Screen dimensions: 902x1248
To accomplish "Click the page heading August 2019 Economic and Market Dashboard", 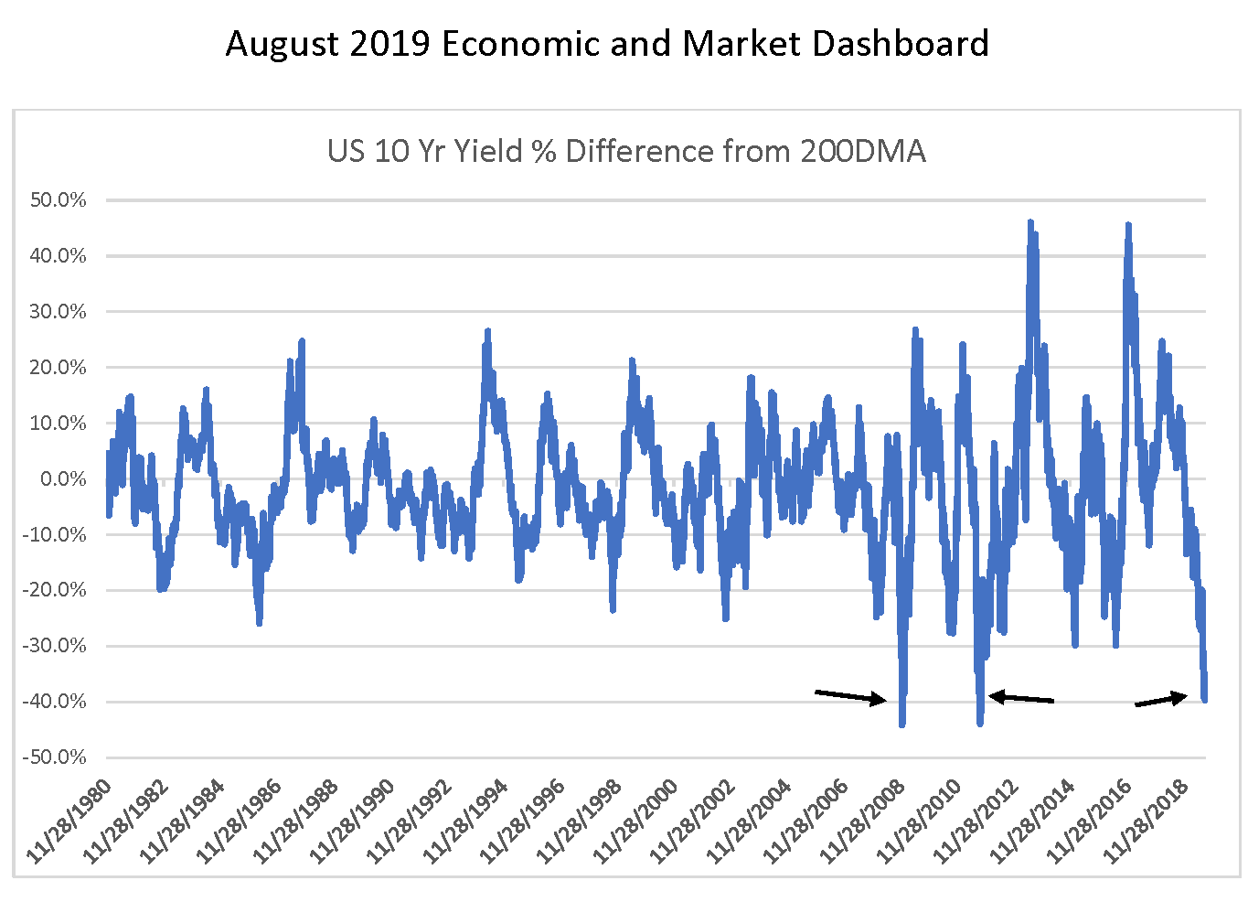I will point(607,44).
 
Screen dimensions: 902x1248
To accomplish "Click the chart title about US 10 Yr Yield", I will point(626,151).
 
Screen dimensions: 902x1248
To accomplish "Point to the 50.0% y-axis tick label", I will point(59,200).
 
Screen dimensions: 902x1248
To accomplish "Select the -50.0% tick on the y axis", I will point(57,758).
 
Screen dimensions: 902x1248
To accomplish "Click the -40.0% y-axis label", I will point(57,703).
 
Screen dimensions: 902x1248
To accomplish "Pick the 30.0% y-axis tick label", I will point(59,312).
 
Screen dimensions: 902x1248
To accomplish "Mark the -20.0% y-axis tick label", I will point(57,591).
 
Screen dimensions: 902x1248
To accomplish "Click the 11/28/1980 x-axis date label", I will point(71,821).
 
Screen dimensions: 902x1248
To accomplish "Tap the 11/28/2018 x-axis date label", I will point(1148,821).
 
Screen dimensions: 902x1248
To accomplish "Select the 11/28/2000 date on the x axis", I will point(638,821).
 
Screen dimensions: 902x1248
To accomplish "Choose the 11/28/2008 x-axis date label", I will point(865,821).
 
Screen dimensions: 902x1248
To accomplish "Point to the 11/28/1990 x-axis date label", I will point(355,821).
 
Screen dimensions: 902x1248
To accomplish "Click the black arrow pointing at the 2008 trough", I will point(850,697).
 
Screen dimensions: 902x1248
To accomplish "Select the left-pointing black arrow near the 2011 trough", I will point(1021,698).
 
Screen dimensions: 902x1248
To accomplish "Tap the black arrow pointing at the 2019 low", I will point(1161,700).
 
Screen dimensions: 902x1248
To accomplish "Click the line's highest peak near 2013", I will point(1030,222).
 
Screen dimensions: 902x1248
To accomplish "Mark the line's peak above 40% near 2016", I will point(1128,225).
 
